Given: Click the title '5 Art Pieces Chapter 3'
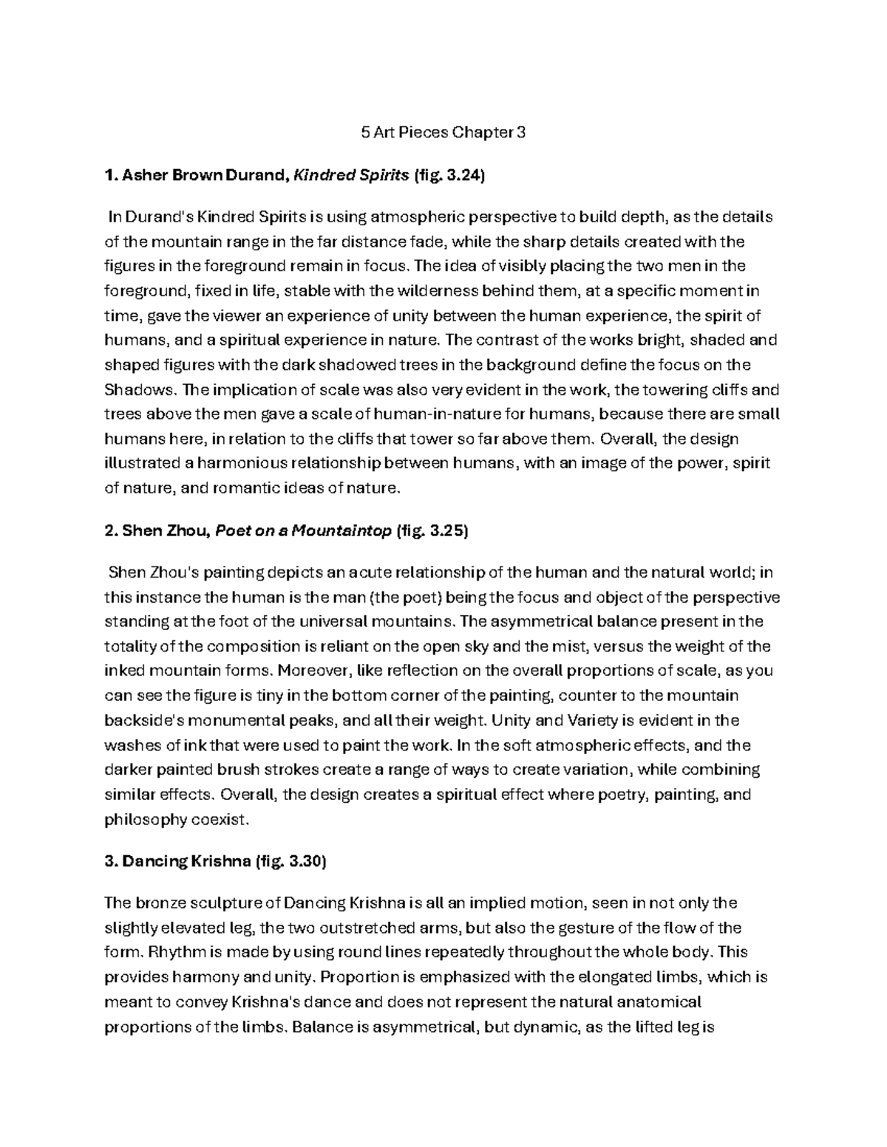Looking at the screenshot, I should tap(443, 134).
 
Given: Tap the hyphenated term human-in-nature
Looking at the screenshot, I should tap(445, 414).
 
